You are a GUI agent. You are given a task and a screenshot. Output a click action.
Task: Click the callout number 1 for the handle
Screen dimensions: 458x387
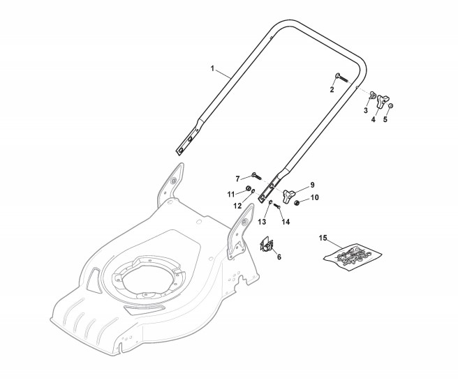coord(212,68)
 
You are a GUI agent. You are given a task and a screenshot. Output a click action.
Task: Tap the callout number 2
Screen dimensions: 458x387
coord(332,89)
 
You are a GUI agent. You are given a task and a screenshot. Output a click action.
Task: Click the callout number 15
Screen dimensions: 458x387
coord(323,238)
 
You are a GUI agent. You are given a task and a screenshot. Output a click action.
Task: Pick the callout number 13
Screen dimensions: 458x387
coord(263,221)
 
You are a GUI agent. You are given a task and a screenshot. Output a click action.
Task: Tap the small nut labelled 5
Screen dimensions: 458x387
coord(390,105)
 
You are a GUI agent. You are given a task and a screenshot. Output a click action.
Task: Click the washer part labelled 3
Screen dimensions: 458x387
coord(373,95)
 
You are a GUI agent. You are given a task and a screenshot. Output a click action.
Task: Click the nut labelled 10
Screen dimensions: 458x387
coord(297,202)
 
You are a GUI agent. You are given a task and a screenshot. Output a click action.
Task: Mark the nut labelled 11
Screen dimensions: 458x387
coord(249,190)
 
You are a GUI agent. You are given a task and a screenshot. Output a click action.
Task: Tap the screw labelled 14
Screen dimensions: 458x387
coord(278,205)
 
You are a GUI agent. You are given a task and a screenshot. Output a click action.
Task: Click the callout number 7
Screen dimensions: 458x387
coord(237,178)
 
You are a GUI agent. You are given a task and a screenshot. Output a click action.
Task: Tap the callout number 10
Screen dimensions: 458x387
coord(314,198)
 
